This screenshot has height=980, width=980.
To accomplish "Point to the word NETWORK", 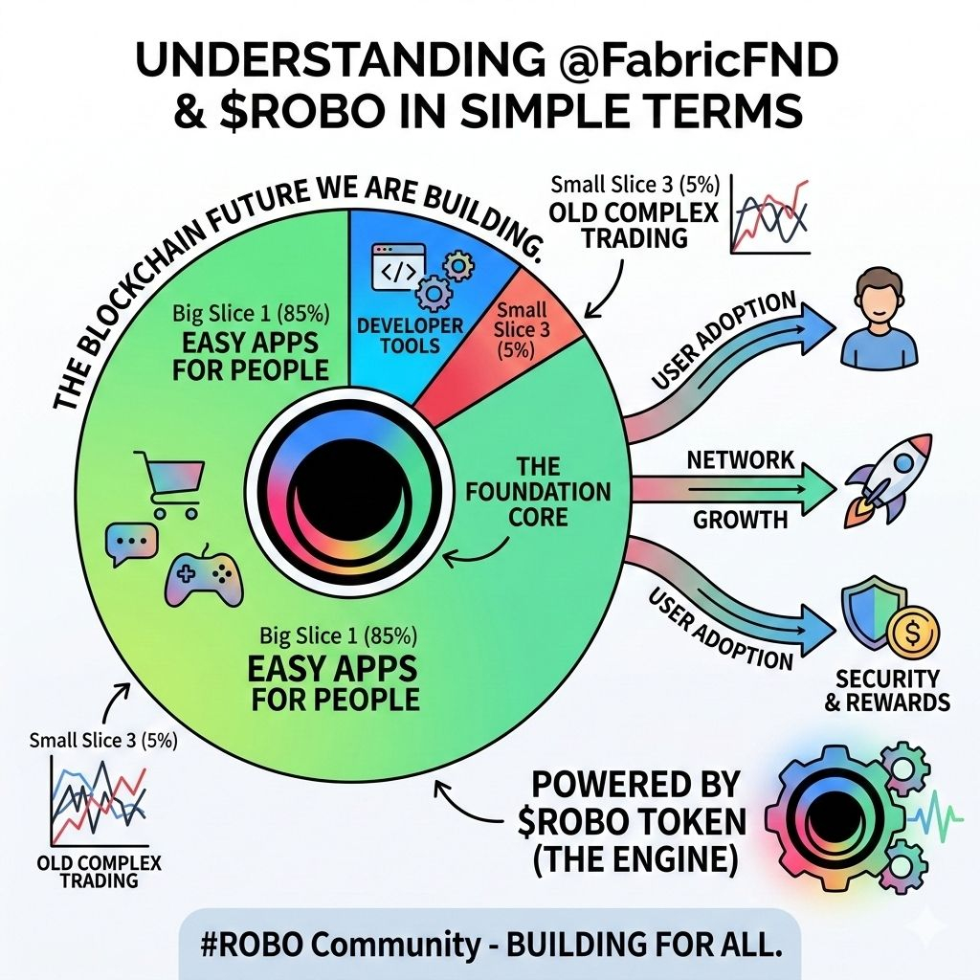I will click(740, 459).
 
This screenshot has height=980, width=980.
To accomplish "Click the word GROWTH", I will click(740, 522).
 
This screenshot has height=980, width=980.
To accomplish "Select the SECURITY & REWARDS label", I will click(892, 689).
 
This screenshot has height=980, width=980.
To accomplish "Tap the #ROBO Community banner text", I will click(490, 942).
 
